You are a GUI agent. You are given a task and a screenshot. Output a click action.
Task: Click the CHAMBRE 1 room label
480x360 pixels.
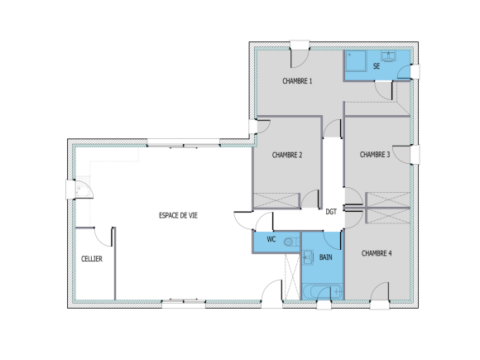(298, 81)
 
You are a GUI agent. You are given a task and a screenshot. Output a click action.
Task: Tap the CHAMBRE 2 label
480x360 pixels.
(287, 154)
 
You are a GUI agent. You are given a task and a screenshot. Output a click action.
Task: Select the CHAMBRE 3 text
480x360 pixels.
(375, 154)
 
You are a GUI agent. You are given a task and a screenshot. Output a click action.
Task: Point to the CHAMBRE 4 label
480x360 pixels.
(377, 253)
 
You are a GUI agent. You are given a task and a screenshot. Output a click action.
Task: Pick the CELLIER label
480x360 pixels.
(92, 259)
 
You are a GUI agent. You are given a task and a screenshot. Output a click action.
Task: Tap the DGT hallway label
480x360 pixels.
(331, 211)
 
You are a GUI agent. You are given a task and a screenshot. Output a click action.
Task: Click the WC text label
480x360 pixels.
(270, 240)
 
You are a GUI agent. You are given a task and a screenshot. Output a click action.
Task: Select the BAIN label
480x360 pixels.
(327, 257)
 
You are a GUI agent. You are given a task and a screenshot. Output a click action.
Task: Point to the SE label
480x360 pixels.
(377, 65)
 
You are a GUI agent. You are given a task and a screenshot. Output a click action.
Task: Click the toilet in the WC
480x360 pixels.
(289, 241)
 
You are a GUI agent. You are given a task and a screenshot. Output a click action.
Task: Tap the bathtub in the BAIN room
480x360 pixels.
(322, 291)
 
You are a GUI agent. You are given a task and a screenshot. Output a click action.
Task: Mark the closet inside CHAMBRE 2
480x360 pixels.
(276, 199)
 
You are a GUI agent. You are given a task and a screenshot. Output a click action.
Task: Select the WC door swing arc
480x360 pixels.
(265, 222)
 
